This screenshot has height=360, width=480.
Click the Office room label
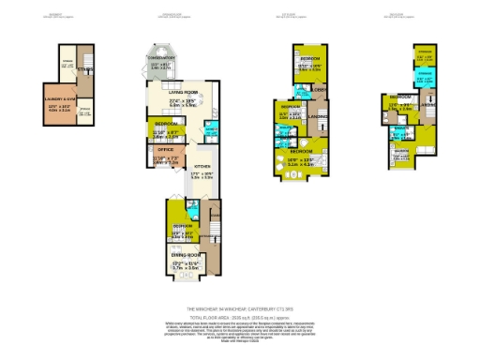point(166,148)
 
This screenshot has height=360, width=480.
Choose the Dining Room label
point(186,254)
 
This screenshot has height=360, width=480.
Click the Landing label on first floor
point(318,116)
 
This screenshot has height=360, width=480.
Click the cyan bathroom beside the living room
point(212,130)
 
